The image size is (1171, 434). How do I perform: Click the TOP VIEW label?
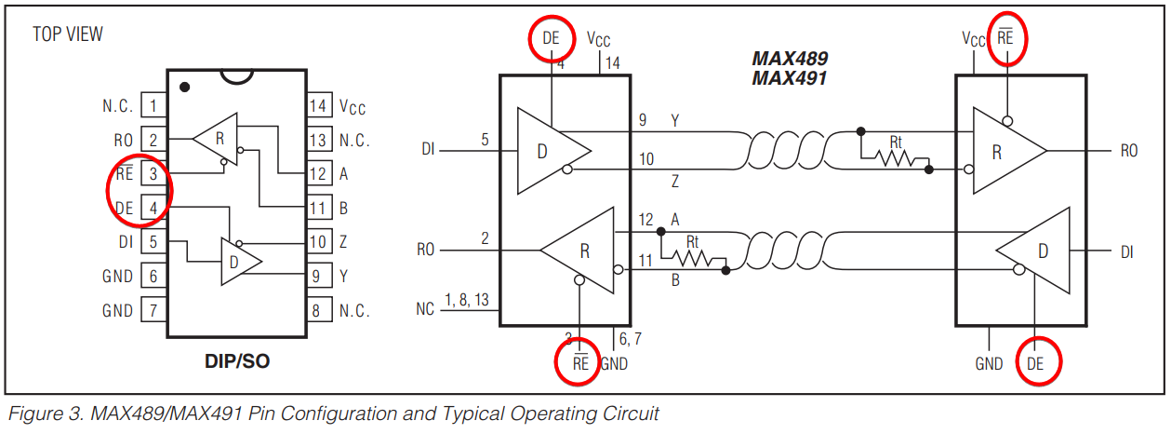tap(68, 34)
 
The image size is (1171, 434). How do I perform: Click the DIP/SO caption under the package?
tap(237, 360)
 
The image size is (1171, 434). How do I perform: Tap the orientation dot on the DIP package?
tap(185, 87)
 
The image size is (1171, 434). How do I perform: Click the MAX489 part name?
tap(790, 59)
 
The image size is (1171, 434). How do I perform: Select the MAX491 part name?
tap(790, 78)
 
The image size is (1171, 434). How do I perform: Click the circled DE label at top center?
tap(552, 39)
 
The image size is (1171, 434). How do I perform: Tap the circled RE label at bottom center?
tap(580, 363)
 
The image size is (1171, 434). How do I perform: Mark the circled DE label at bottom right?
tap(1035, 364)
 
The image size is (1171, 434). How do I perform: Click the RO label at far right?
tap(1128, 151)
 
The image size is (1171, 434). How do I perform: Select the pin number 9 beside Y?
tap(643, 121)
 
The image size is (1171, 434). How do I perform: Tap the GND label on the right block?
tap(989, 364)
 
